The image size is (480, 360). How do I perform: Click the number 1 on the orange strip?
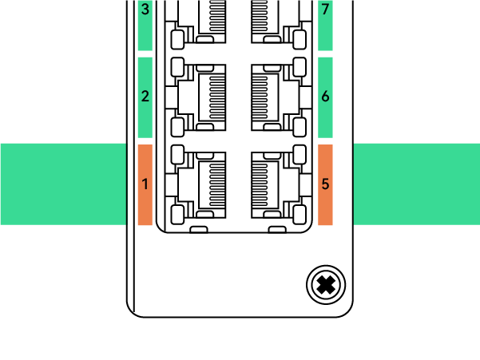click(145, 184)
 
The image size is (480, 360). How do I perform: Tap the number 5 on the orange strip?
click(325, 184)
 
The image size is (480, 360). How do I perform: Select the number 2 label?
click(145, 97)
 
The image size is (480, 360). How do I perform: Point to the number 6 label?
click(325, 97)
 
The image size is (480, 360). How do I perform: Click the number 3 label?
click(145, 9)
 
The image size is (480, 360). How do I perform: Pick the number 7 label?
click(325, 9)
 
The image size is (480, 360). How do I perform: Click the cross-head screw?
click(326, 285)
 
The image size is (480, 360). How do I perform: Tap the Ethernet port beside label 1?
click(196, 184)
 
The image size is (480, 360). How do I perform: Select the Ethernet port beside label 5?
click(281, 184)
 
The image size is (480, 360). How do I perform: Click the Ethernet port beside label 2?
click(196, 97)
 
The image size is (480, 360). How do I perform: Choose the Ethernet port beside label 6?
click(281, 97)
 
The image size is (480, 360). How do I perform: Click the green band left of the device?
click(63, 184)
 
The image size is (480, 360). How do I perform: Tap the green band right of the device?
click(416, 184)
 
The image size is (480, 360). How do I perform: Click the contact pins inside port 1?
click(217, 184)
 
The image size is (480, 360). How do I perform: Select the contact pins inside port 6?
click(260, 97)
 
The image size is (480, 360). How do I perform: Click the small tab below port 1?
click(199, 229)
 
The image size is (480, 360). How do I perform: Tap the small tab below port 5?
click(277, 229)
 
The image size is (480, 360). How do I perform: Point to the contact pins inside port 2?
click(217, 97)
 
